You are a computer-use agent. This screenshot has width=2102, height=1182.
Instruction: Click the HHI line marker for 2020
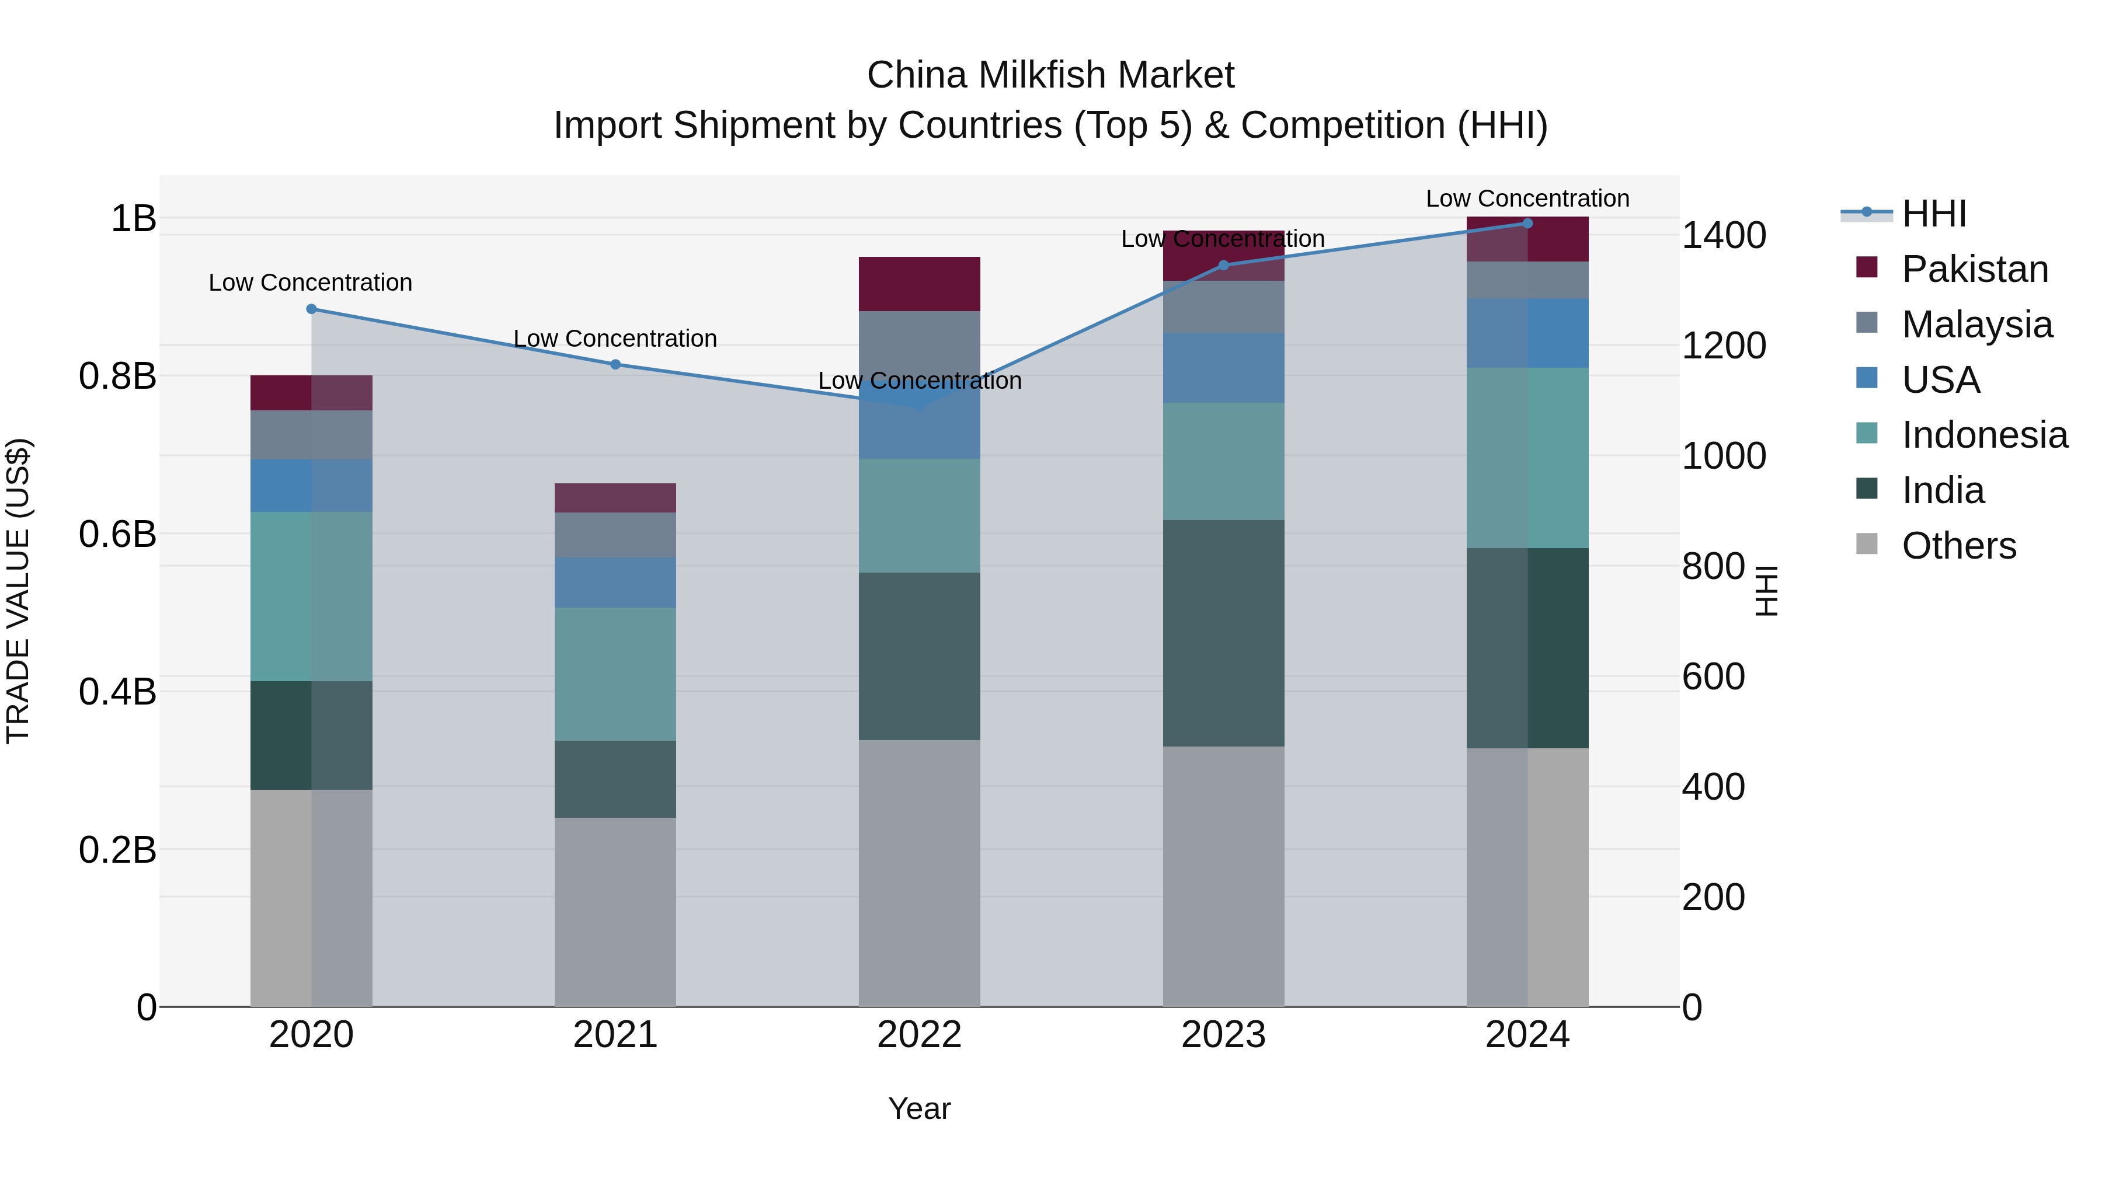(311, 309)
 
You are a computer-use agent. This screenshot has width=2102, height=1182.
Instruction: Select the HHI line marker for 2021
(615, 365)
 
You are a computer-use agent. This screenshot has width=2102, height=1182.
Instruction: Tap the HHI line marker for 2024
(1527, 224)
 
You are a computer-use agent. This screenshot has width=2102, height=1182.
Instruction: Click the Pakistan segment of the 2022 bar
(919, 284)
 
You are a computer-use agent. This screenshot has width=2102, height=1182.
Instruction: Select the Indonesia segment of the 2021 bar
(615, 674)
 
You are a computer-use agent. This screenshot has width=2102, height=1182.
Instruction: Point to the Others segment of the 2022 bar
(919, 873)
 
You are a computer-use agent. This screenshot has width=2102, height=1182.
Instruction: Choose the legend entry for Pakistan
(1974, 269)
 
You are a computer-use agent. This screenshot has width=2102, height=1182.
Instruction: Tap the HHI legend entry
(1933, 214)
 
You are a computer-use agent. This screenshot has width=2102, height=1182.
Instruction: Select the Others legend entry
(1958, 546)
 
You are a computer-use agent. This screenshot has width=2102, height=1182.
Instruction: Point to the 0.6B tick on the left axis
(117, 534)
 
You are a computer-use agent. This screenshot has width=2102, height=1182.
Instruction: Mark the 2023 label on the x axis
(1223, 1035)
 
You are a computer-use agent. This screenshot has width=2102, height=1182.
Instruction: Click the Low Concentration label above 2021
(615, 339)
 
